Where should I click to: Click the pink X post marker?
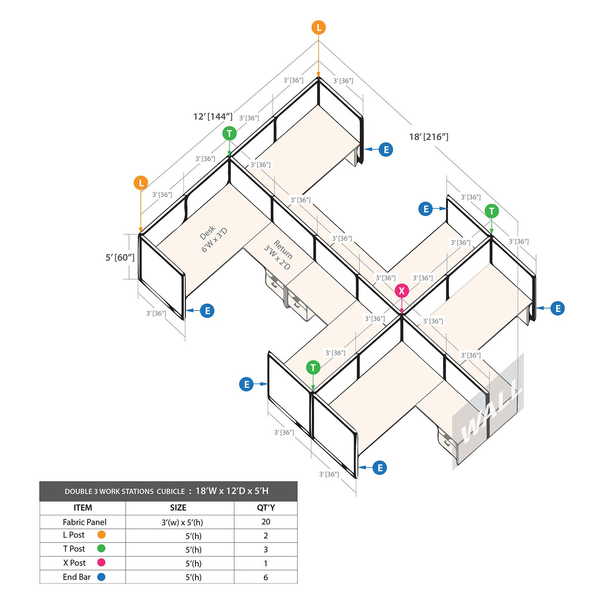pos(402,291)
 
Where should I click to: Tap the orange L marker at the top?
pos(319,28)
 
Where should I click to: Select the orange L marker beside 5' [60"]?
pos(141,183)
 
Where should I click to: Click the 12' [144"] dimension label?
pos(213,116)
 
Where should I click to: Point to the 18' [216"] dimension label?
pos(429,137)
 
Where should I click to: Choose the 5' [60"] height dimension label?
pos(120,257)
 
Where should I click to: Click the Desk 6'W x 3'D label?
pos(213,239)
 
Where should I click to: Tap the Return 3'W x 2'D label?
pos(279,255)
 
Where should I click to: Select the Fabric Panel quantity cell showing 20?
pos(266,522)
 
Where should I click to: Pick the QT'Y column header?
pos(266,508)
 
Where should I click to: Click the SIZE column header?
pos(178,508)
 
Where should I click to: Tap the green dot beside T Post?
pos(101,549)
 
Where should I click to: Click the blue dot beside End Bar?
pos(101,577)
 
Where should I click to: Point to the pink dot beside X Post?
pos(101,562)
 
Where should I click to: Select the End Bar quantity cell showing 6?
pos(266,577)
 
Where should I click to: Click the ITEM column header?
pos(83,508)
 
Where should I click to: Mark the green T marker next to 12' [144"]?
pos(230,133)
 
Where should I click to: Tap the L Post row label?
pos(74,535)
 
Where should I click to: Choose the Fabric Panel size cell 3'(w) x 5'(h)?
pos(182,522)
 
